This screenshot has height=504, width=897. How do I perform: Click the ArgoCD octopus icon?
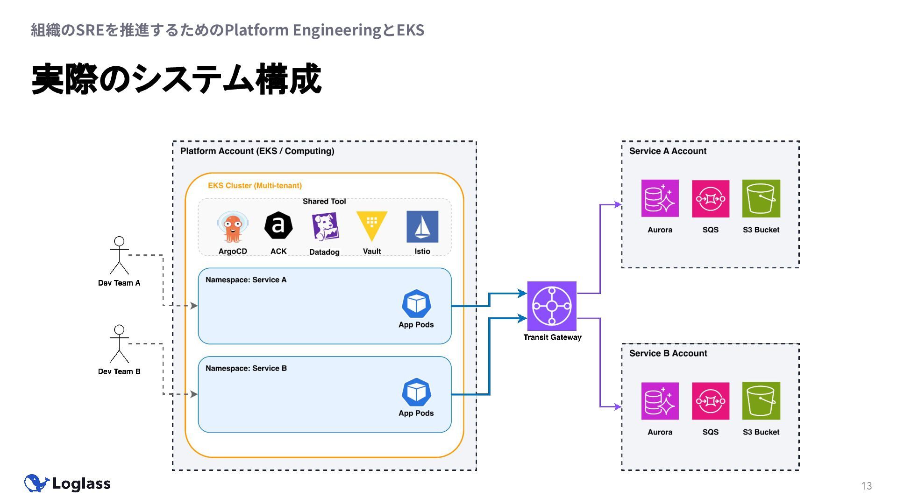click(x=232, y=227)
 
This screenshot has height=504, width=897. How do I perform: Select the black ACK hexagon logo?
click(x=278, y=226)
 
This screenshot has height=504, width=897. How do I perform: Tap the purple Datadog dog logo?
click(x=325, y=226)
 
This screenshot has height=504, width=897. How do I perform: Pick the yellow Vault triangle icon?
click(x=372, y=225)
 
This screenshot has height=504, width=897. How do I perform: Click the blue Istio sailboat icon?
click(x=422, y=226)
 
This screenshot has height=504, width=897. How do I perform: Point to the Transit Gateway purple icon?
click(x=552, y=306)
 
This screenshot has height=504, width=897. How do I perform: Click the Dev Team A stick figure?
click(x=119, y=255)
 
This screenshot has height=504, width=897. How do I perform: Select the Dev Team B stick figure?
click(x=119, y=344)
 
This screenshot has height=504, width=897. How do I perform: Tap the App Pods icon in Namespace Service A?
click(x=416, y=304)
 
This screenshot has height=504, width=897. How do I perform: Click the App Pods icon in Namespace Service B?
click(x=416, y=392)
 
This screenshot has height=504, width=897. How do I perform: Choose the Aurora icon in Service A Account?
click(x=660, y=198)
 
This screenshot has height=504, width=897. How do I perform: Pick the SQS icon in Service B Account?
click(x=710, y=401)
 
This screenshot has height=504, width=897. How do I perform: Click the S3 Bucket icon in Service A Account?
click(x=761, y=198)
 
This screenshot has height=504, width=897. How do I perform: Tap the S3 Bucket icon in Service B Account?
click(x=761, y=401)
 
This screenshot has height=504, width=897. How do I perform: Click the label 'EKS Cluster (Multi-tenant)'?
click(x=255, y=186)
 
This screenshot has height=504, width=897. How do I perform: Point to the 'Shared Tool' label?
click(x=324, y=202)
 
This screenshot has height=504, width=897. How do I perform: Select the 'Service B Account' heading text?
click(x=668, y=353)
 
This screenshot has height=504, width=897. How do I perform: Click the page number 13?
click(x=867, y=486)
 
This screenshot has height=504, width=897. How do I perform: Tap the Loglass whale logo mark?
click(x=36, y=483)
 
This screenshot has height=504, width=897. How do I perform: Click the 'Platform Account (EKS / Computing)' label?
click(x=257, y=151)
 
